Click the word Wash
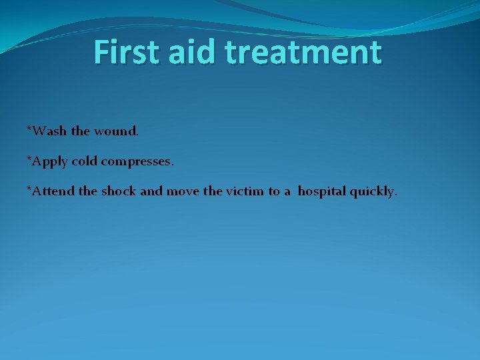click(x=49, y=131)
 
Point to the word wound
click(x=115, y=131)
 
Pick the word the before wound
click(x=80, y=131)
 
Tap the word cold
click(x=85, y=161)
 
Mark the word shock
click(x=119, y=192)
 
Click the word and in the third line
click(x=151, y=192)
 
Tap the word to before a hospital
click(x=274, y=192)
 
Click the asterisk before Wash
click(x=29, y=128)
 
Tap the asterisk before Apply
click(x=29, y=159)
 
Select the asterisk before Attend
click(x=29, y=189)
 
